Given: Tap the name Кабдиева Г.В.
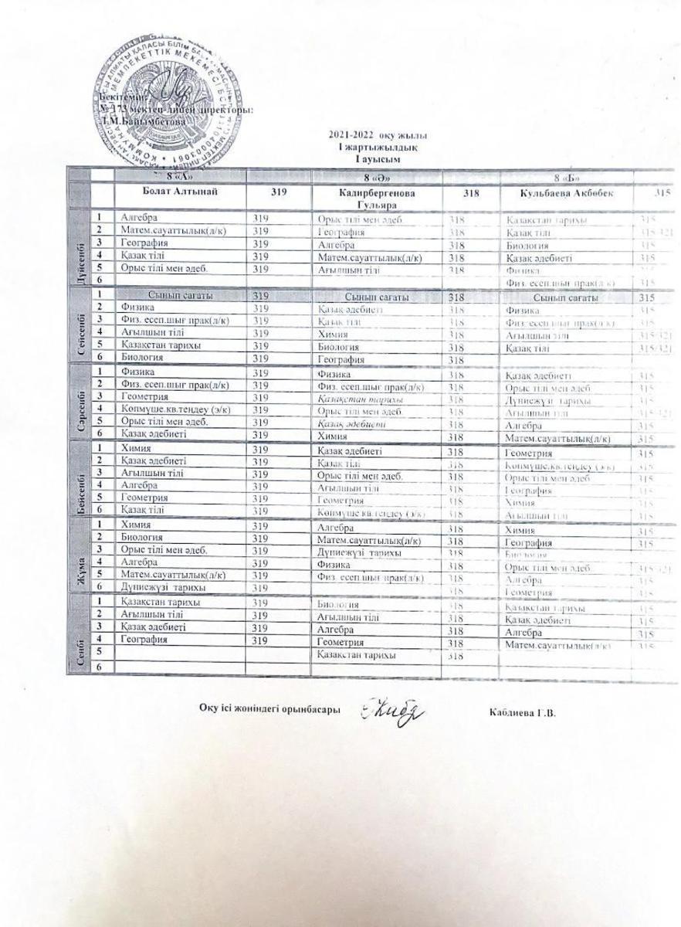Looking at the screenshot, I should click(x=522, y=712).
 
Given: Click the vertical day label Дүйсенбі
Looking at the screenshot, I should click(x=80, y=251).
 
